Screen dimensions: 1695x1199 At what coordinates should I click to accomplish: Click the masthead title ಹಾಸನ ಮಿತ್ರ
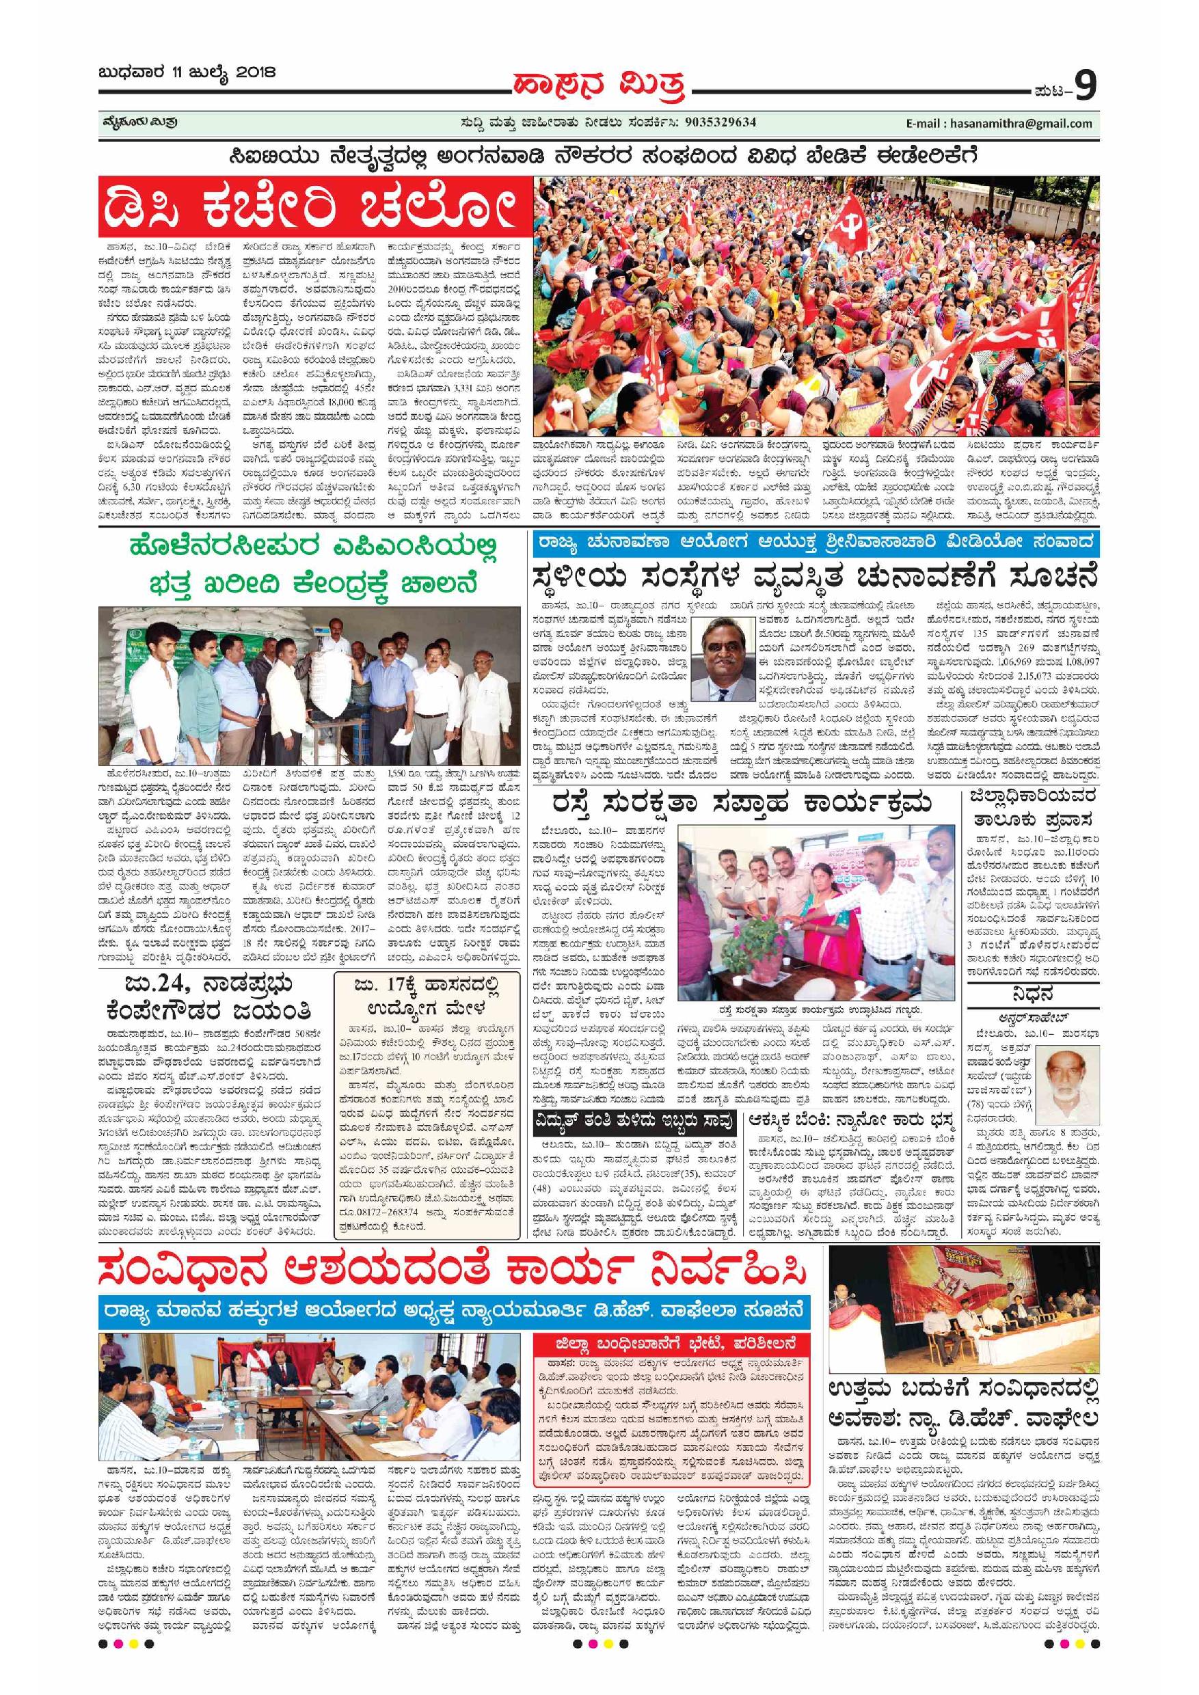coord(599,86)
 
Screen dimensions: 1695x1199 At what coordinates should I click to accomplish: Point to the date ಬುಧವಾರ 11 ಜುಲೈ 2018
coord(186,73)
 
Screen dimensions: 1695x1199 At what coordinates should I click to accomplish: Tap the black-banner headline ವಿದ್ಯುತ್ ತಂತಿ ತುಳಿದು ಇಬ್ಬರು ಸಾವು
coord(636,1122)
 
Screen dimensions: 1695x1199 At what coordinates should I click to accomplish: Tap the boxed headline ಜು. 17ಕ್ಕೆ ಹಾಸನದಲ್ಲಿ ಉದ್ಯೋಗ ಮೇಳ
coord(426,995)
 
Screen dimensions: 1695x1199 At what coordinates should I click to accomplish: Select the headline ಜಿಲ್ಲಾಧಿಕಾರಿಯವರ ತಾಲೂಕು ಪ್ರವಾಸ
coord(1033,808)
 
